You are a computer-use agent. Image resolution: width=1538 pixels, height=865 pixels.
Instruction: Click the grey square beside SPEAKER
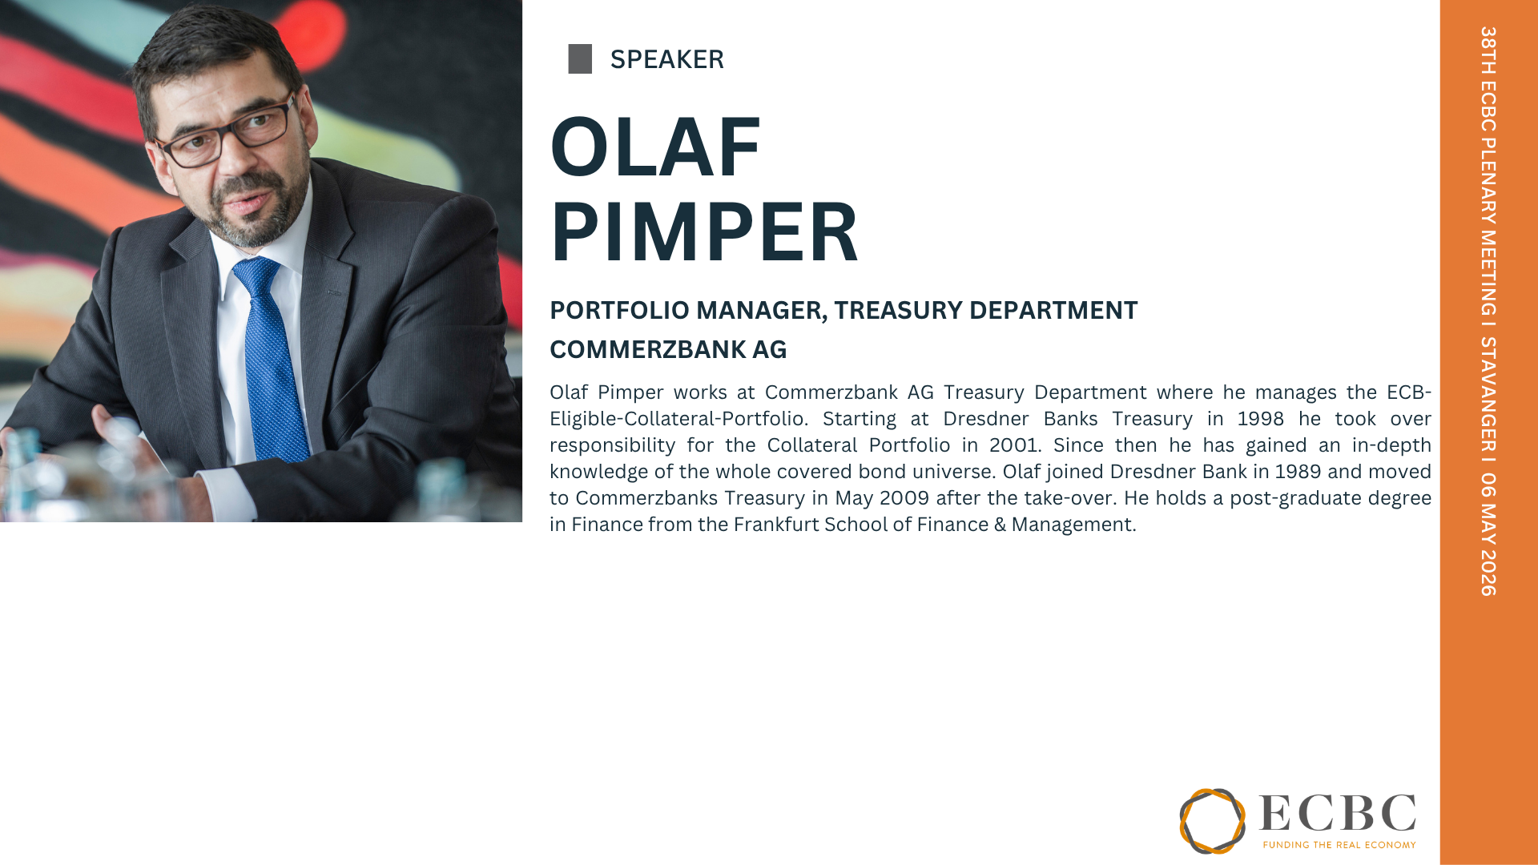(580, 59)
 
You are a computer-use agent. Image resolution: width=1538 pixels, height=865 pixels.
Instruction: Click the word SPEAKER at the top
(667, 59)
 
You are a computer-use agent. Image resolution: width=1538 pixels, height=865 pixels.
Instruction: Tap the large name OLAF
(655, 147)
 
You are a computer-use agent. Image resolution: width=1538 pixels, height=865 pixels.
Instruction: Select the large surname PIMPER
(704, 231)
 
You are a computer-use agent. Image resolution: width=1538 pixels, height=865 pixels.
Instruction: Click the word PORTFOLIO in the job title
(619, 310)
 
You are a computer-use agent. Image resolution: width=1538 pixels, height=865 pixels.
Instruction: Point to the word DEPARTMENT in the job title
(1053, 310)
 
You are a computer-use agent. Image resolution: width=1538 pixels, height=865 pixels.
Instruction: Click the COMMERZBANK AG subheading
(668, 349)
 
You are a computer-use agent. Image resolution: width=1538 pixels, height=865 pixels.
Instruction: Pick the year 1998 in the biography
(1260, 419)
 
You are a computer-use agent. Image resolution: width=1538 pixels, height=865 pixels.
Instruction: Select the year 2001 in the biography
(1013, 445)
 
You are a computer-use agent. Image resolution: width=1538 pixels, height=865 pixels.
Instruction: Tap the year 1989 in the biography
(1298, 472)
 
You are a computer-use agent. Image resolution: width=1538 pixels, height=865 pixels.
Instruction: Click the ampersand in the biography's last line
(1000, 525)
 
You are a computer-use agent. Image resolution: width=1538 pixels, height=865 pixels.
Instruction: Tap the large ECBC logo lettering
(1338, 814)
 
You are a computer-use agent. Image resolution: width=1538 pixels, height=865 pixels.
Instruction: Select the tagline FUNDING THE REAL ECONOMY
(1339, 844)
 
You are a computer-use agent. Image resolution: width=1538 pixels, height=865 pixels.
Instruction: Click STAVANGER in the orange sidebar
(1488, 395)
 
